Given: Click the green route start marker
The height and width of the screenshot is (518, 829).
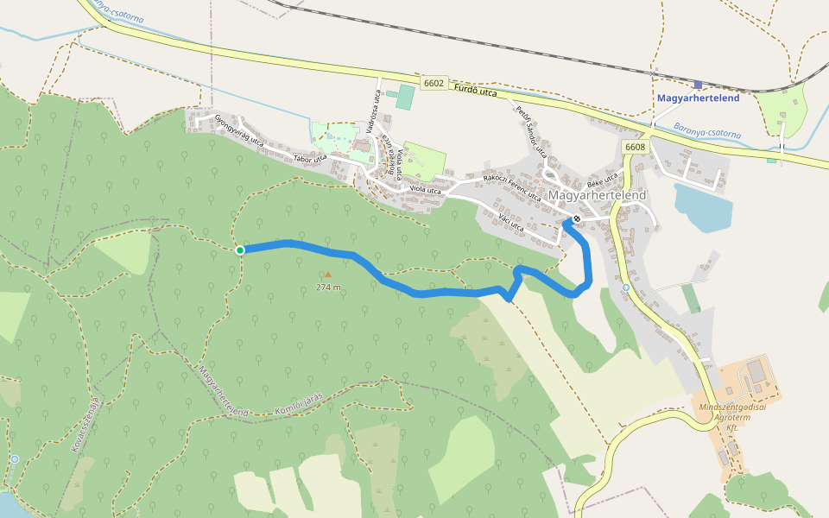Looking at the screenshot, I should (240, 250).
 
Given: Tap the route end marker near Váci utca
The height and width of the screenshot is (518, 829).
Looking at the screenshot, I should (576, 219).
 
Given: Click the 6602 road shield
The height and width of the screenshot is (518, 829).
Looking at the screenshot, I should (433, 84).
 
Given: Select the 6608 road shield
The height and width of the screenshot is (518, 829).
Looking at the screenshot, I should (635, 147).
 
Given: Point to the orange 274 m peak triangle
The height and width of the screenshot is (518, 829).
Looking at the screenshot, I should (327, 275).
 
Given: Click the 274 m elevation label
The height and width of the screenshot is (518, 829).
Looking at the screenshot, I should (328, 287).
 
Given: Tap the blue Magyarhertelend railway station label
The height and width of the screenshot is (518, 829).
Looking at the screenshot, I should (698, 98).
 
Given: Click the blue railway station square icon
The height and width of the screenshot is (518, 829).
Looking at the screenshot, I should (697, 85).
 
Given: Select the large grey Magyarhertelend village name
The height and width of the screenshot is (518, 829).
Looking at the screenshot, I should (597, 195).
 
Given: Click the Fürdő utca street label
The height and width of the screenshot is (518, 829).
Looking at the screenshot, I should (476, 90).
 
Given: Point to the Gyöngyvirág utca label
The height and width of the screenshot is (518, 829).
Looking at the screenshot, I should (238, 130).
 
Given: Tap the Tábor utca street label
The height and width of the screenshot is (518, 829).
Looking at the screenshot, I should (310, 158).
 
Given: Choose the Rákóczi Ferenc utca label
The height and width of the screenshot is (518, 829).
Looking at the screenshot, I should (512, 187).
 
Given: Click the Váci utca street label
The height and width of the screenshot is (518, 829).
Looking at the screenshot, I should (511, 224).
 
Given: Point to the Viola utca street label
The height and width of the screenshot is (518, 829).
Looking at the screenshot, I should (425, 189).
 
